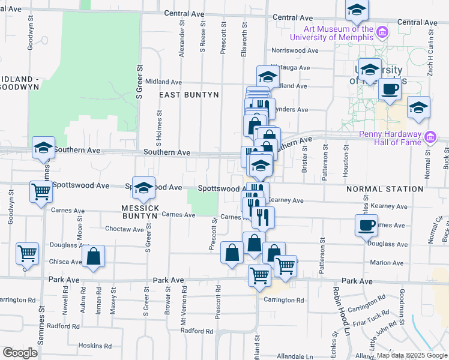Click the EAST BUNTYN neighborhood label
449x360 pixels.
pos(188,95)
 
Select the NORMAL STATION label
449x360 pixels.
pos(384,189)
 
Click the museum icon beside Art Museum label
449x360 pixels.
pos(381,31)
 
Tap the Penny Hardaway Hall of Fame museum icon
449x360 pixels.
pos(429,138)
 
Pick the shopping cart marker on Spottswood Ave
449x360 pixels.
pos(41,193)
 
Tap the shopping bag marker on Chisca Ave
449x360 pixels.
pos(94,256)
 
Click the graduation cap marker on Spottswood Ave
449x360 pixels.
pos(143,188)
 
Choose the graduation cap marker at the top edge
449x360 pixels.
pos(357,10)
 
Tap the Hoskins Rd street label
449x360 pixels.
pos(95,346)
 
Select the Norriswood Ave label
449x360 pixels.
pos(294,51)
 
